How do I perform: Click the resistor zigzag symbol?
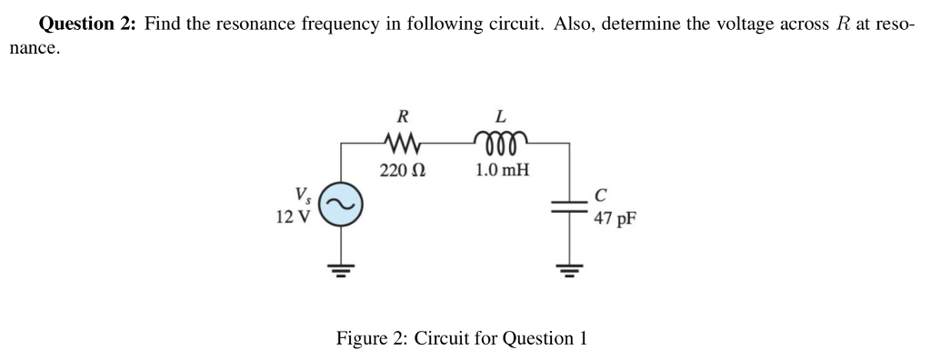point(401,142)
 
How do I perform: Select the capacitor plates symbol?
point(570,205)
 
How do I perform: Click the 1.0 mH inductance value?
point(503,170)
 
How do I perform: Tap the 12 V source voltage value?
point(292,217)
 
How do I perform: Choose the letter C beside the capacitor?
point(600,194)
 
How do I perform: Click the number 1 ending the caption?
point(582,338)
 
